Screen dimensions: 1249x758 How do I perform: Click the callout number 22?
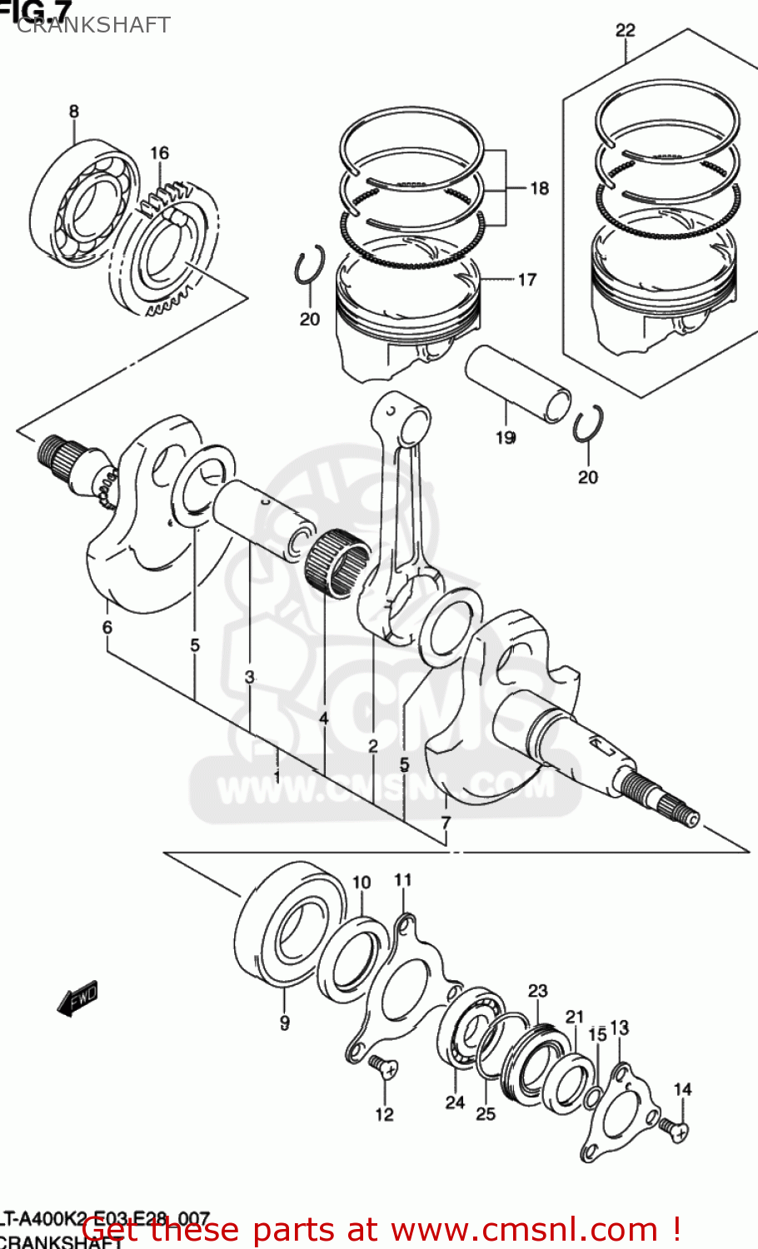[625, 30]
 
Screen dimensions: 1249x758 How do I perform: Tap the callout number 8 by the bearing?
[74, 112]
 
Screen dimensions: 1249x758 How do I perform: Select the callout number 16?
[159, 152]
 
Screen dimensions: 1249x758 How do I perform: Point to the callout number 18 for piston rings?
[539, 188]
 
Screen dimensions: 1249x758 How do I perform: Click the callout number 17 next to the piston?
[526, 280]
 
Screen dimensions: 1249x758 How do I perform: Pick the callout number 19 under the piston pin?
[506, 437]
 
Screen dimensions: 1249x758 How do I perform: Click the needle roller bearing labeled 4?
[337, 562]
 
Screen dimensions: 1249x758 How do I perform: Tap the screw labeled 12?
[383, 1067]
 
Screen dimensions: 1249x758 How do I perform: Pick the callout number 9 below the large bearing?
[284, 1023]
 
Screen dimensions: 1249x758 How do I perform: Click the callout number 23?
[537, 990]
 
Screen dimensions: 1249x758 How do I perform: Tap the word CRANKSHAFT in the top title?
[93, 25]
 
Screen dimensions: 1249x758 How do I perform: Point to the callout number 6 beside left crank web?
[107, 627]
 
